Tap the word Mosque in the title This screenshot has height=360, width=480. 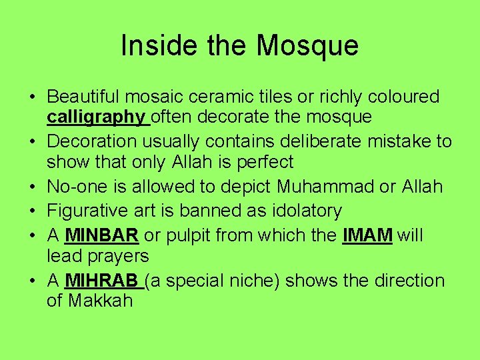pyautogui.click(x=307, y=45)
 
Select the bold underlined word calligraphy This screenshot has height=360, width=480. pyautogui.click(x=97, y=117)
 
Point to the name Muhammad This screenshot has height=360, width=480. pyautogui.click(x=319, y=186)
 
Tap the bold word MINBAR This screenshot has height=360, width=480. pyautogui.click(x=102, y=235)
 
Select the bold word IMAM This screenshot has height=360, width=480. pyautogui.click(x=367, y=235)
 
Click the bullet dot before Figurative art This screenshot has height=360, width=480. pyautogui.click(x=33, y=211)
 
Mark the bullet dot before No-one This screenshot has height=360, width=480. pyautogui.click(x=33, y=187)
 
